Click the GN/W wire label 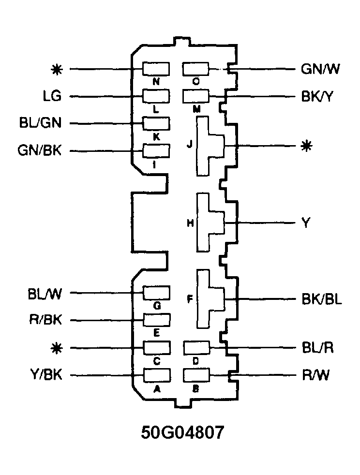click(320, 69)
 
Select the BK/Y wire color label click(317, 96)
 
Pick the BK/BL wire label click(321, 299)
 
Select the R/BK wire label click(43, 320)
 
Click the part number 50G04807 click(183, 432)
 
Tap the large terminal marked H click(209, 223)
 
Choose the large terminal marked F click(209, 299)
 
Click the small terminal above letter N click(156, 69)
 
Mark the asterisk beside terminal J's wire click(305, 146)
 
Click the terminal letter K click(156, 136)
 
